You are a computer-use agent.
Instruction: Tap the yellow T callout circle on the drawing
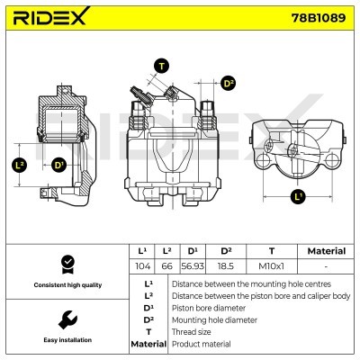pyautogui.click(x=161, y=66)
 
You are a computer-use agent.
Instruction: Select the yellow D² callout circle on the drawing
pyautogui.click(x=228, y=83)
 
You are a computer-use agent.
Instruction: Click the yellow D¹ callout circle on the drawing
pyautogui.click(x=59, y=165)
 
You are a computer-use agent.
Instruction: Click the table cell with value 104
pyautogui.click(x=140, y=266)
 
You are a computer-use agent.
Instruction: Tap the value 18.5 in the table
pyautogui.click(x=227, y=266)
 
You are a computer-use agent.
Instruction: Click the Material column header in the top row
pyautogui.click(x=325, y=251)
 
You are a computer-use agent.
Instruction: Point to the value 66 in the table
pyautogui.click(x=166, y=266)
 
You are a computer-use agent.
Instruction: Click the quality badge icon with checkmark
pyautogui.click(x=66, y=264)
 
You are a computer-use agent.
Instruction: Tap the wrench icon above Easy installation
pyautogui.click(x=66, y=319)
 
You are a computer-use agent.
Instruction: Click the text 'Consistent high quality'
pyautogui.click(x=66, y=284)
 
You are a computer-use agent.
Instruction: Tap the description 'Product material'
pyautogui.click(x=201, y=344)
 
